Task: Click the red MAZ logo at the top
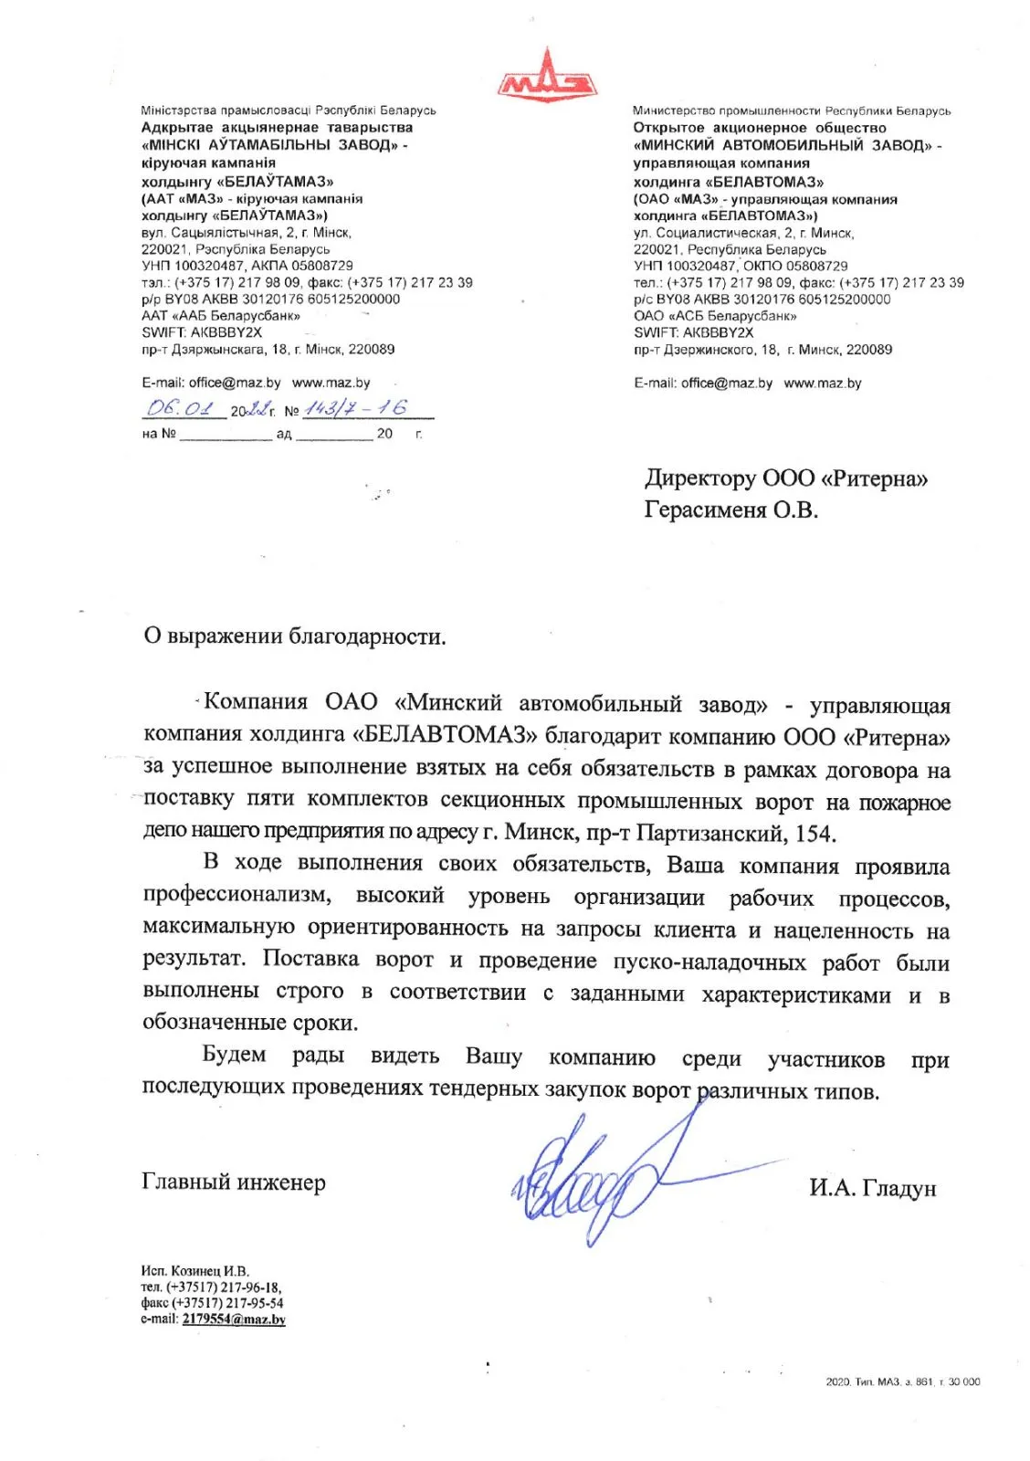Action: (547, 77)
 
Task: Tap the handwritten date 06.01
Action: (180, 408)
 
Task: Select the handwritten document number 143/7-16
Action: (355, 408)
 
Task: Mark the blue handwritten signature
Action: (594, 1182)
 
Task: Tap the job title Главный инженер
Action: (234, 1182)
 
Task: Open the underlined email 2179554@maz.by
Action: (234, 1319)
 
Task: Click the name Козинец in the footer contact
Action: (195, 1271)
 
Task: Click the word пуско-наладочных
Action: (709, 962)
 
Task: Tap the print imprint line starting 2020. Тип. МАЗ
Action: (902, 1382)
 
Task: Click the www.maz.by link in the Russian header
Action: (822, 384)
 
